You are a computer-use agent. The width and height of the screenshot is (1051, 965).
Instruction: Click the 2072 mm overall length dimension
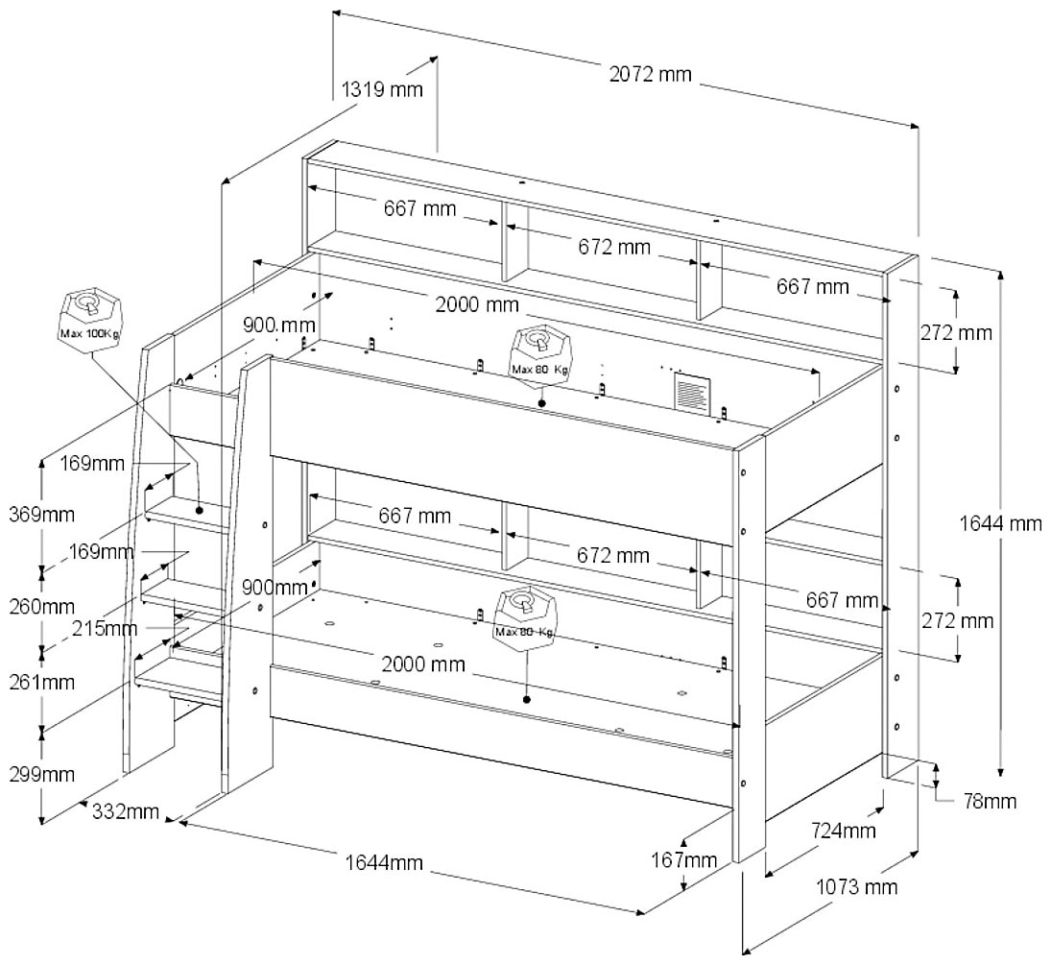[650, 73]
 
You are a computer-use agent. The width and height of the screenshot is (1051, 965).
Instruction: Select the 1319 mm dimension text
[382, 89]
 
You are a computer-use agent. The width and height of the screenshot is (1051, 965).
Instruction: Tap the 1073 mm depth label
[856, 886]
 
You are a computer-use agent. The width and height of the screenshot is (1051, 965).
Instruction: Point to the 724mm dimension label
[844, 831]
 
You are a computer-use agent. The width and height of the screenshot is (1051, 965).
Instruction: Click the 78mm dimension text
[990, 801]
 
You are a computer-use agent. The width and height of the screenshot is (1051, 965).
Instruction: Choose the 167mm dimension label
[684, 859]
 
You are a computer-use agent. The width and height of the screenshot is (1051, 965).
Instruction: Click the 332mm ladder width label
[126, 811]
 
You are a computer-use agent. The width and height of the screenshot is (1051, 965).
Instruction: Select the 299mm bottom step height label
[41, 775]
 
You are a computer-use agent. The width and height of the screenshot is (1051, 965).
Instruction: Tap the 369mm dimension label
[41, 515]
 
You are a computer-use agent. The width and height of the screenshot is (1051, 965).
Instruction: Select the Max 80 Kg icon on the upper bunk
[540, 355]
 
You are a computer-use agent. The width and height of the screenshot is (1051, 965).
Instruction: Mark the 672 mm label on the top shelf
[614, 247]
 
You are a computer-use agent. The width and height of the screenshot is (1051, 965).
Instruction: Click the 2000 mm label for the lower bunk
[423, 663]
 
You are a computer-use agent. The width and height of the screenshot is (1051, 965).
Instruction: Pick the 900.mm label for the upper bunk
[279, 326]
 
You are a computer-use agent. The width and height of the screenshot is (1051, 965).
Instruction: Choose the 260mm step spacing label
[41, 607]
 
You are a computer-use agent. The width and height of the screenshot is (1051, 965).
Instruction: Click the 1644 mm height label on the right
[1001, 523]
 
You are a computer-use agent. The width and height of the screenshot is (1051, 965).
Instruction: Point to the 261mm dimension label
[41, 682]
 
